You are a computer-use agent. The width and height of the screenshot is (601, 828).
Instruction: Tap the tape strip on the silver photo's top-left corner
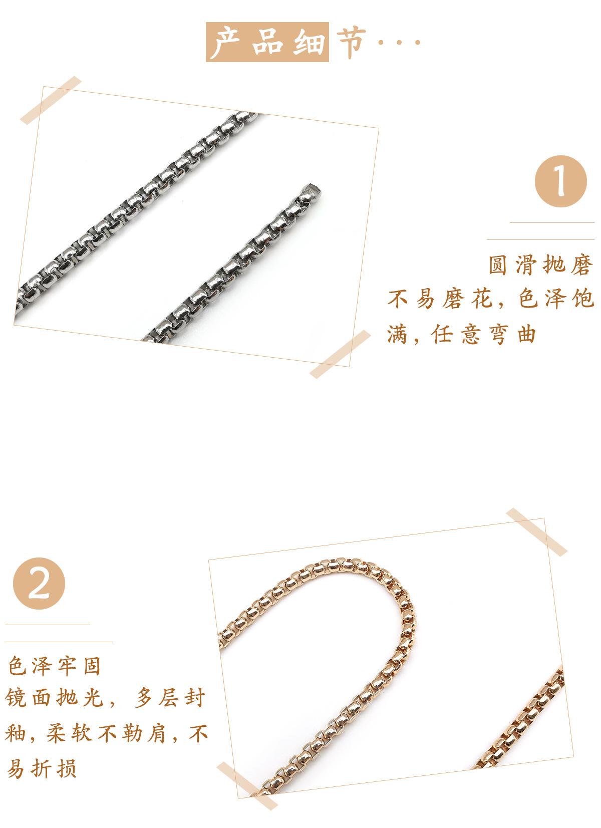coord(51,100)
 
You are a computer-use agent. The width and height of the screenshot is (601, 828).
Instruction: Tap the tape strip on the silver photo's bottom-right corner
coord(340,354)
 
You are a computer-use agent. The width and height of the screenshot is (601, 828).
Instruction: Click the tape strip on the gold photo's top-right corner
coord(536,532)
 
